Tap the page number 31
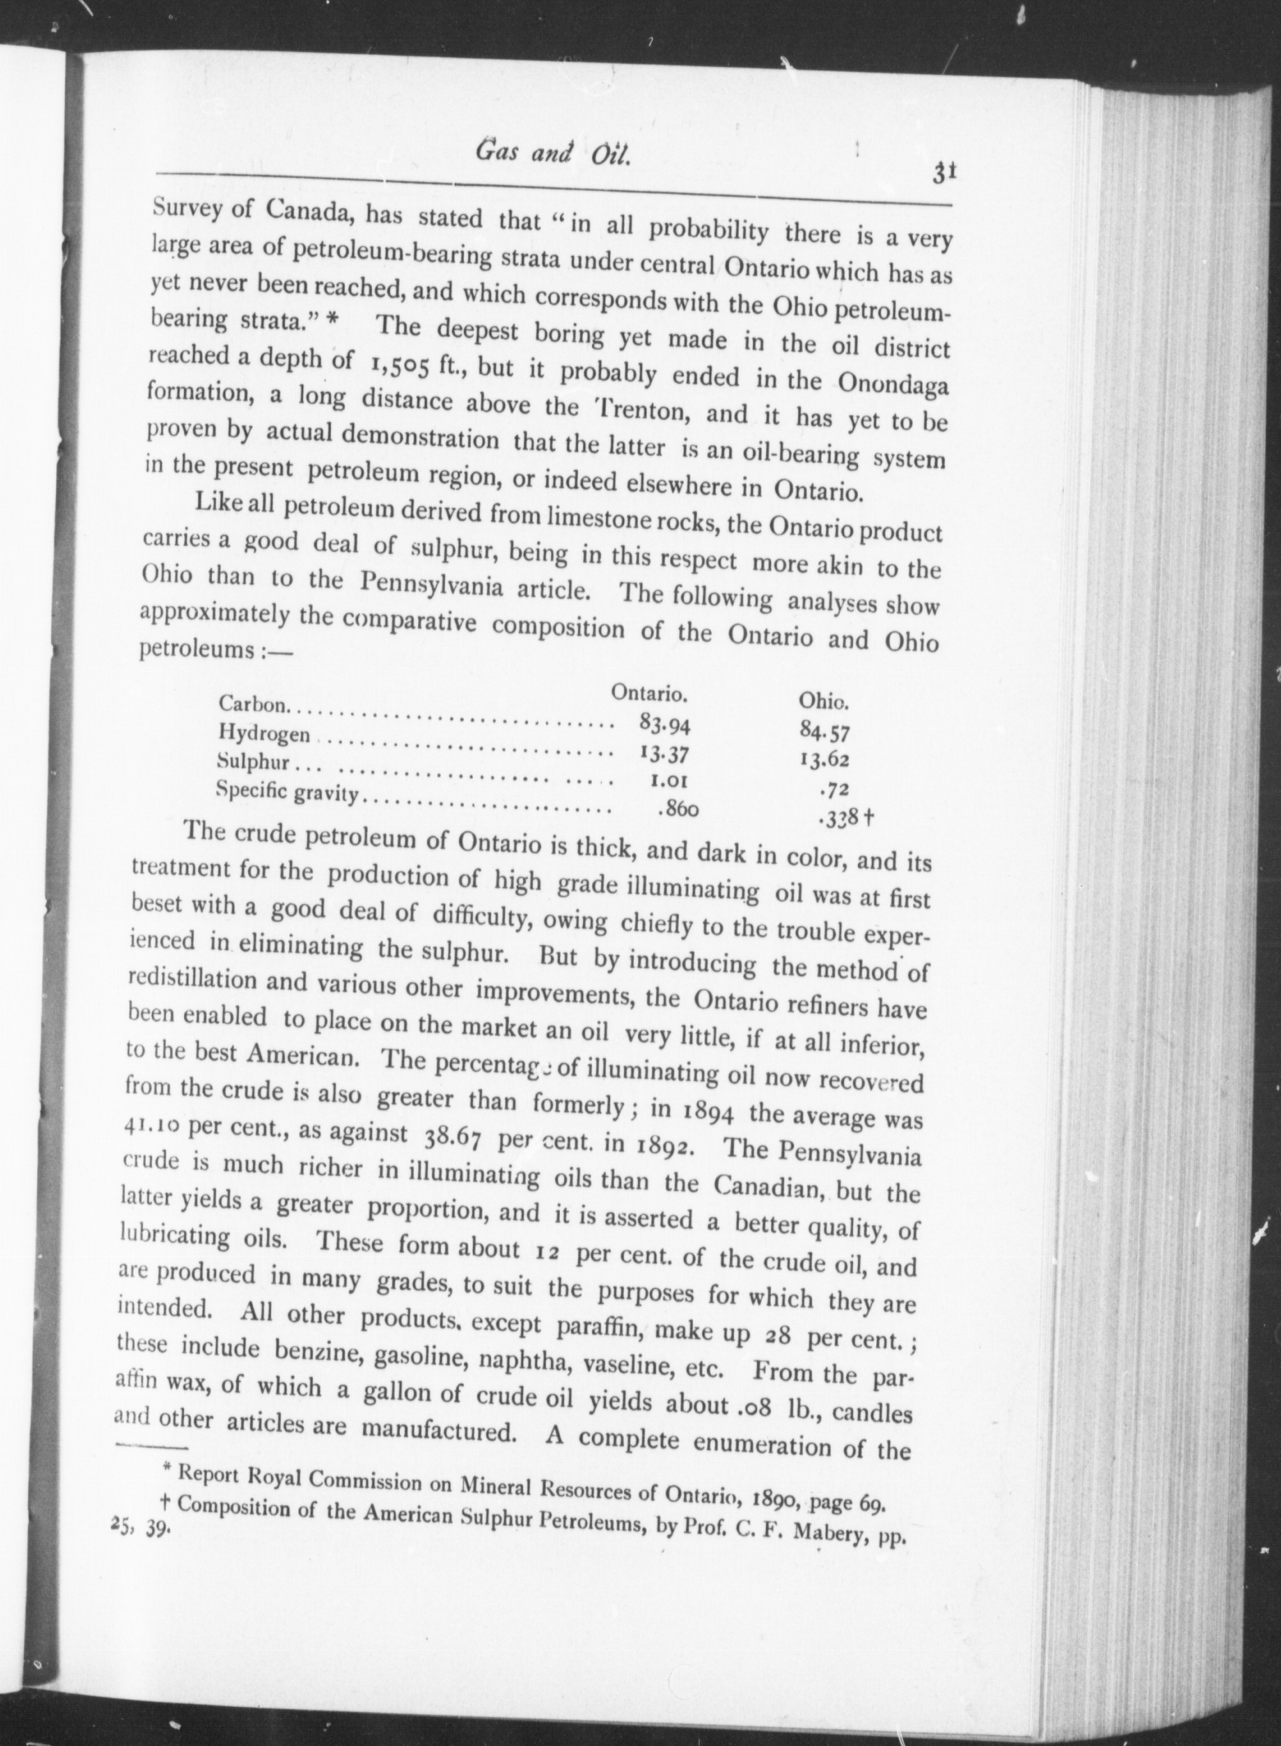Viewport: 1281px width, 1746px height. (x=944, y=172)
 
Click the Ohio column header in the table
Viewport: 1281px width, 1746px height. (x=825, y=701)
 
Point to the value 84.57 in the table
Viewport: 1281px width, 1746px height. (x=825, y=730)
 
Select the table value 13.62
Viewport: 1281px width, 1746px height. (x=825, y=760)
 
